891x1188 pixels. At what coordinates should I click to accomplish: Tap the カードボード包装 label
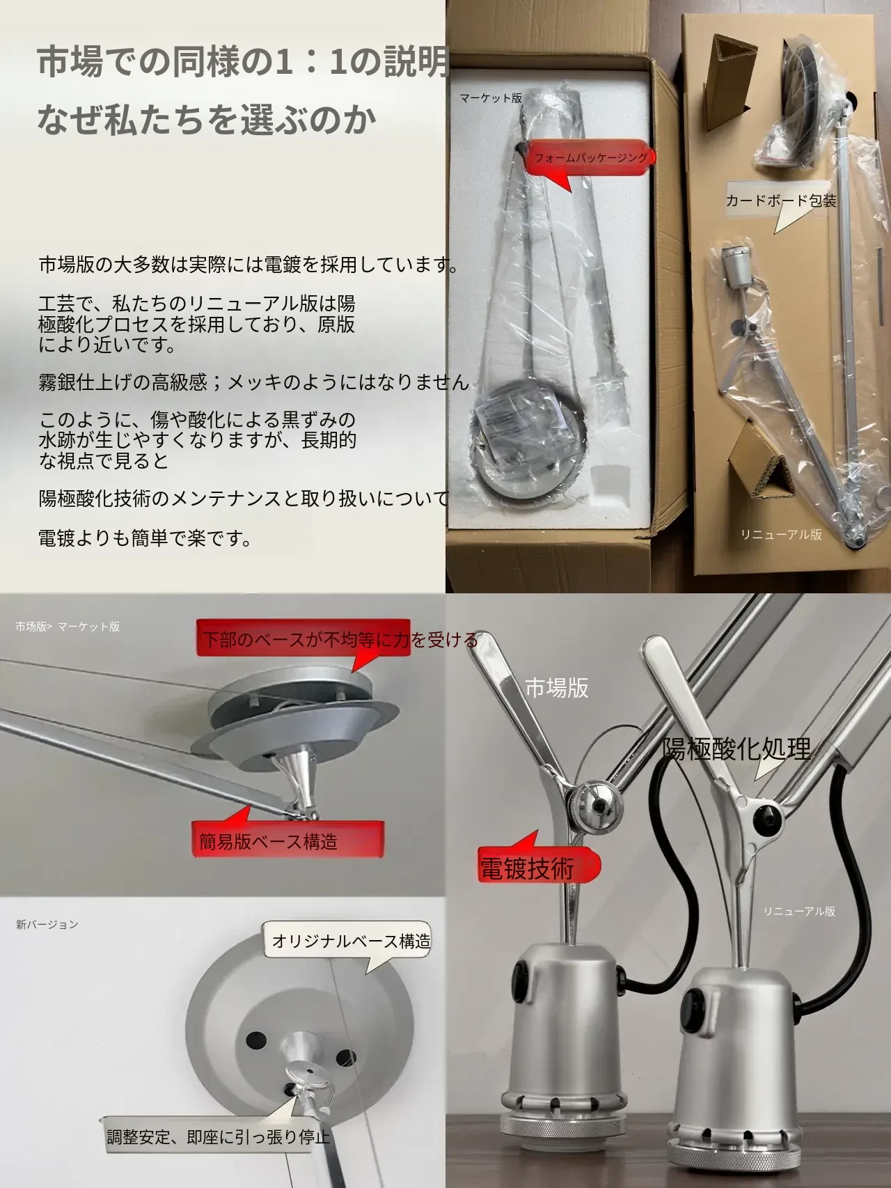pos(781,201)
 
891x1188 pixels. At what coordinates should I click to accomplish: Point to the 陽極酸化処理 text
pos(736,749)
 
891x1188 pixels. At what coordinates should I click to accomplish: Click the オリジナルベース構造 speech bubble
pos(351,941)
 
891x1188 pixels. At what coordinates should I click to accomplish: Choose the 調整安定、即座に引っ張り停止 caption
pos(218,1138)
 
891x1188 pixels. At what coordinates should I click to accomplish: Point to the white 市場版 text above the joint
pos(557,688)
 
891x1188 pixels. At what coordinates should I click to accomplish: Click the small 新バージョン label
pos(47,924)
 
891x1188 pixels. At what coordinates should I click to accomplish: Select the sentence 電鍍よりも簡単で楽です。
pos(145,538)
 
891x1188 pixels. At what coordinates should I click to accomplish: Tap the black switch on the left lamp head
pos(521,972)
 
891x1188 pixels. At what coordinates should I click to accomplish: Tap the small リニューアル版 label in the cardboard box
pos(781,534)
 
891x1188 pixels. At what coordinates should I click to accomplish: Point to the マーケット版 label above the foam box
pos(491,98)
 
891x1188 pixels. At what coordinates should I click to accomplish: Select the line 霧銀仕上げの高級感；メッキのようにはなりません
pos(254,382)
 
